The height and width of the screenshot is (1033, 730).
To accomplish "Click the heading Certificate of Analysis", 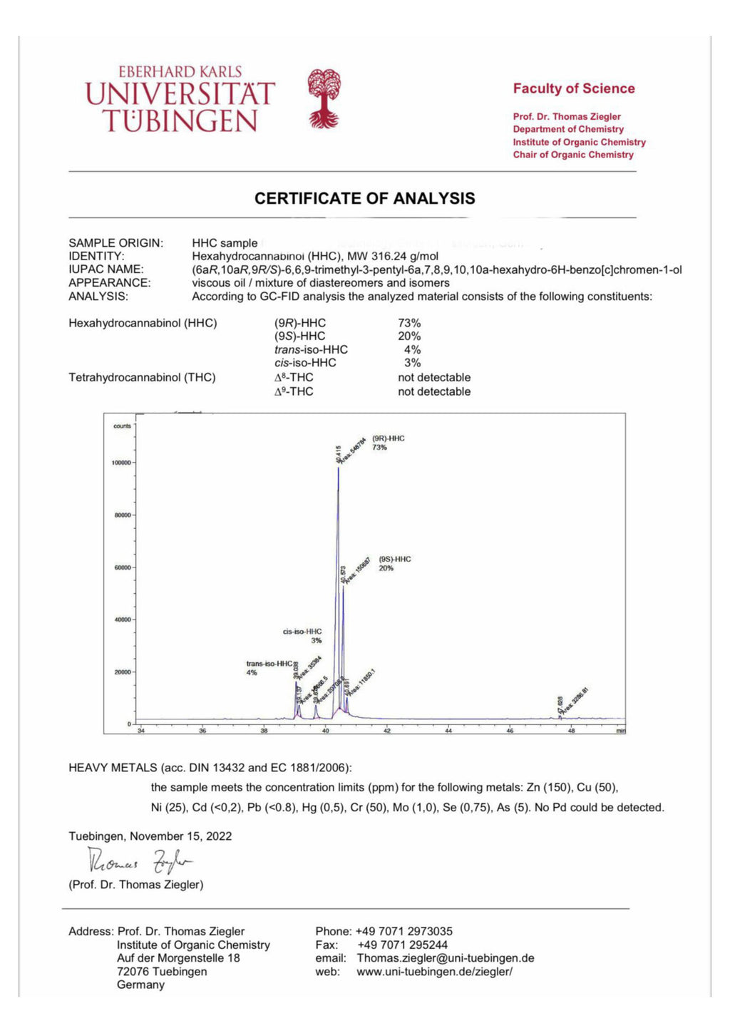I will click(364, 199).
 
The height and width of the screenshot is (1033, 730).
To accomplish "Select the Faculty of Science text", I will click(573, 89).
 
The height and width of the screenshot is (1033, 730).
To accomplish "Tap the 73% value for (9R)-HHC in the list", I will click(409, 323).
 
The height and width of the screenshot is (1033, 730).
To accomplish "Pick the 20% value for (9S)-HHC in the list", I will click(409, 336).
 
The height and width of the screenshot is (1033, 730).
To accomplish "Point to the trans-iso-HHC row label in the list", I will click(311, 350).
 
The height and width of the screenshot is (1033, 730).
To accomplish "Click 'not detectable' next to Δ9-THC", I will click(434, 391).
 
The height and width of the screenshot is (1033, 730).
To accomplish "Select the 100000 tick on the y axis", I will click(121, 463).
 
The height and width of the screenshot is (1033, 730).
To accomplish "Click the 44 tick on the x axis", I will click(448, 731).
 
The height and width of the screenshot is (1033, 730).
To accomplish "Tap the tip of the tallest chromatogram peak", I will click(339, 467).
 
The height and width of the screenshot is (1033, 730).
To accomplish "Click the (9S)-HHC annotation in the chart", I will click(395, 560).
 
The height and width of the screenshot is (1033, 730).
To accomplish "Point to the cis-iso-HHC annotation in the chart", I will click(302, 632).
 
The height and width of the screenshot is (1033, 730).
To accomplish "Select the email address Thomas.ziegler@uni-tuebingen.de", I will click(446, 958).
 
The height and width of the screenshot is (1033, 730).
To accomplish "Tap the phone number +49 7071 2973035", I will click(403, 931).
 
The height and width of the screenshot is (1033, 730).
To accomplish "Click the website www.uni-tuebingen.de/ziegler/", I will click(434, 972).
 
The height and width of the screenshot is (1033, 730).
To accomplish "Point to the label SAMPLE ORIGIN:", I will click(115, 243).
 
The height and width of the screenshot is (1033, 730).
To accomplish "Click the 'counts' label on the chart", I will click(122, 426).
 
